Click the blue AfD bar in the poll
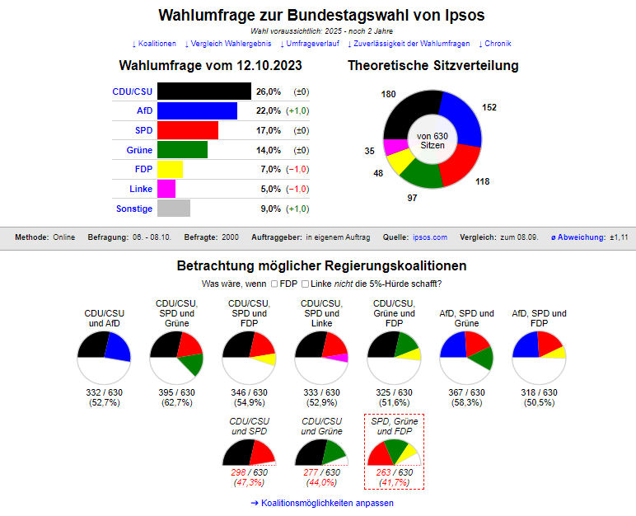tap(196, 111)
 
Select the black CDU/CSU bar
tap(203, 91)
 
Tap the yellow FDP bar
tap(170, 170)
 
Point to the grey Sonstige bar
tap(173, 209)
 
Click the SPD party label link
tap(143, 130)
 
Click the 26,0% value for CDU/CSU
tap(269, 91)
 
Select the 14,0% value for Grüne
tap(269, 150)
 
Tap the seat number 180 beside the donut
tap(389, 95)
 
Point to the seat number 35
tap(370, 151)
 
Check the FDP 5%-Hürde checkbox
tap(274, 284)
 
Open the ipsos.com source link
tap(429, 237)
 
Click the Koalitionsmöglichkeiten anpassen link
tap(317, 503)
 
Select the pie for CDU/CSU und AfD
tap(105, 357)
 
